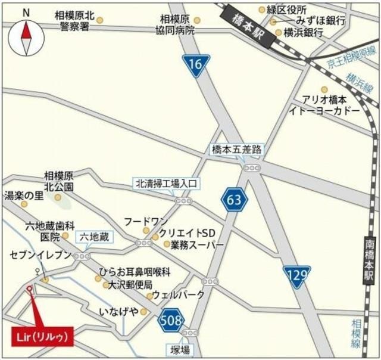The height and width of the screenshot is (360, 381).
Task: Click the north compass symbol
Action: click(x=26, y=36)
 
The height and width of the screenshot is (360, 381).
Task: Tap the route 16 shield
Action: click(x=196, y=64)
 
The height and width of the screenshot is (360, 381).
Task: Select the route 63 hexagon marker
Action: click(x=234, y=201)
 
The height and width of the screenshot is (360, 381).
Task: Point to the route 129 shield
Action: click(x=296, y=276)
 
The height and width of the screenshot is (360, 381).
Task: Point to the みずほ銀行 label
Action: click(x=314, y=21)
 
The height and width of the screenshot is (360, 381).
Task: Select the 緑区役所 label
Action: click(x=286, y=9)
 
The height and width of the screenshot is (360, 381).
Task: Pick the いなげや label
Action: click(x=118, y=311)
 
